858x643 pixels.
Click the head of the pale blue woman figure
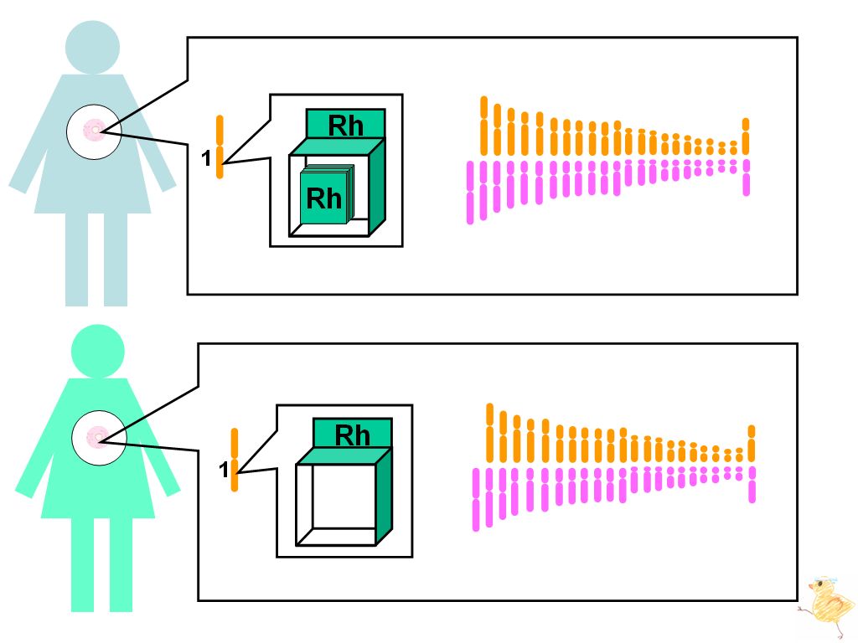92,48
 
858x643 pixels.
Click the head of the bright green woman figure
98,352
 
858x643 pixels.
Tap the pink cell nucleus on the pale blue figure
94,130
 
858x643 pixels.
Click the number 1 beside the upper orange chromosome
206,158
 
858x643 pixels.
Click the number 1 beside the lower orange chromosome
223,469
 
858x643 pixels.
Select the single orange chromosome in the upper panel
220,147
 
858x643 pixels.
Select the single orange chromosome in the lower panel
235,460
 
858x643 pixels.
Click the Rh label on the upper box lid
345,126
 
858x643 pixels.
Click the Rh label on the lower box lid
353,435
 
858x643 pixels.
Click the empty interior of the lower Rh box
344,496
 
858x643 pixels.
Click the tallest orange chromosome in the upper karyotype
483,126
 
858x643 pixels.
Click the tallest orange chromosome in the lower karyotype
489,433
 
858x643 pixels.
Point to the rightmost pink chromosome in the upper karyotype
746,177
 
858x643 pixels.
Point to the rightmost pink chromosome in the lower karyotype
752,485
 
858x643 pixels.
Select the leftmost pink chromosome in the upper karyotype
469,193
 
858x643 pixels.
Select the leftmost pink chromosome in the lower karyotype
476,499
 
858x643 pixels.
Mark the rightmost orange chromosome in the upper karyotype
745,136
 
